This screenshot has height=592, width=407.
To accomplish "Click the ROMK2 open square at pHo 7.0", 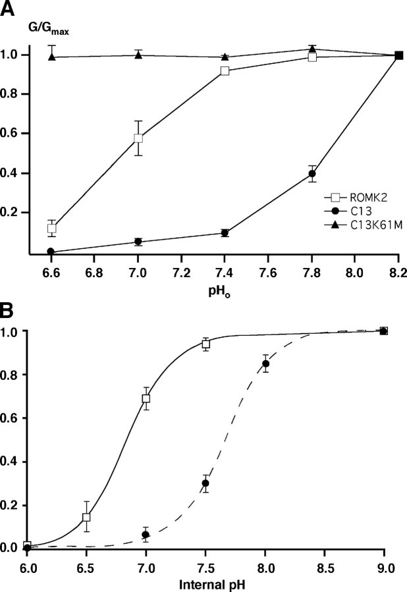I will pos(138,138).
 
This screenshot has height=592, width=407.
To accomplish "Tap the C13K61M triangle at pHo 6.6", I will pos(51,57).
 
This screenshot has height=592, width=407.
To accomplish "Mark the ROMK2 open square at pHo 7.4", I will pos(225,70).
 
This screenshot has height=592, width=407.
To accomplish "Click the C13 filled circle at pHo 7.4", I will pos(225,232).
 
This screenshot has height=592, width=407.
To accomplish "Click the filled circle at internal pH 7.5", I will pos(205,483).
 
